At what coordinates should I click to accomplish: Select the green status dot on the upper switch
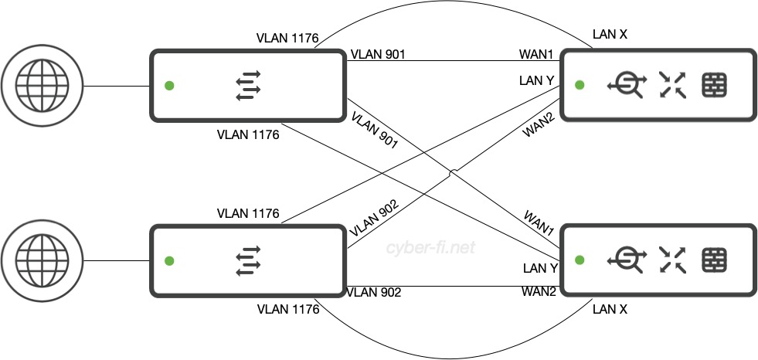[x=169, y=86]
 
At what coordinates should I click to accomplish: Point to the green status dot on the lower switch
[x=169, y=260]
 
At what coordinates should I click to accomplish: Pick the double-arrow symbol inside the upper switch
[x=249, y=86]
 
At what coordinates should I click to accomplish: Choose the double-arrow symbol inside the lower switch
[x=249, y=260]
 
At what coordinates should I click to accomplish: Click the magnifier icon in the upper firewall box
[x=625, y=86]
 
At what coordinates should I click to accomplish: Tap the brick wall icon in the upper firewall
[x=713, y=86]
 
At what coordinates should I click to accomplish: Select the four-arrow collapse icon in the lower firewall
[x=671, y=260]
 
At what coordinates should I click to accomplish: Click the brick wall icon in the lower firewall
[x=713, y=260]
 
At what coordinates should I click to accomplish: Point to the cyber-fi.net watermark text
[x=430, y=247]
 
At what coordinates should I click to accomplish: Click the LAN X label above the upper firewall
[x=610, y=35]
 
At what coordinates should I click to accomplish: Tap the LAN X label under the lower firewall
[x=610, y=309]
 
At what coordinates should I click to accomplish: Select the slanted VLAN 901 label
[x=373, y=130]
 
